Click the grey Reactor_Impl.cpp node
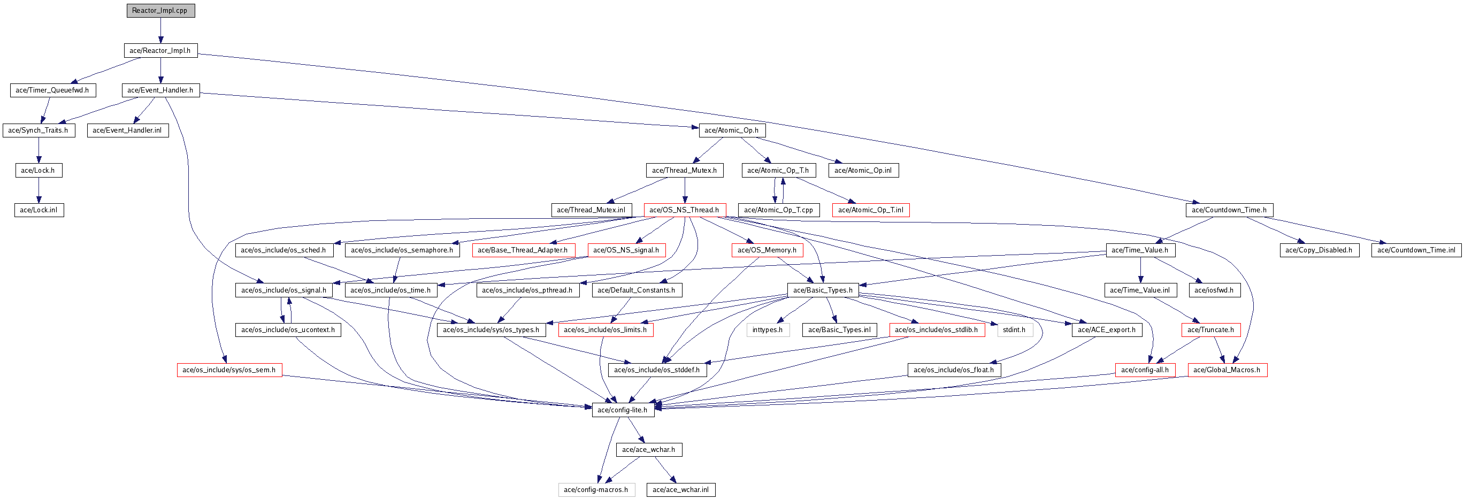pyautogui.click(x=161, y=11)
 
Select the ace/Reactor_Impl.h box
pyautogui.click(x=160, y=51)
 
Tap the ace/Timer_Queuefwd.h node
pyautogui.click(x=53, y=90)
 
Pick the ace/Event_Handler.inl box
pyautogui.click(x=127, y=130)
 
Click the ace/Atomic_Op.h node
pyautogui.click(x=731, y=130)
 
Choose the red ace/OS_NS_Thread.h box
pyautogui.click(x=685, y=210)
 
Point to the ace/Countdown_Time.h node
pyautogui.click(x=1229, y=210)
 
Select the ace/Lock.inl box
pyautogui.click(x=39, y=210)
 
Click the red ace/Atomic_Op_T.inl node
pyautogui.click(x=871, y=210)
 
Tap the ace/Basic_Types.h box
pyautogui.click(x=823, y=290)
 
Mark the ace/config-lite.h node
pyautogui.click(x=623, y=410)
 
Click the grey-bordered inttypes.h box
pyautogui.click(x=768, y=329)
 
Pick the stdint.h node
pyautogui.click(x=1015, y=329)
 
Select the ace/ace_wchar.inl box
pyautogui.click(x=681, y=489)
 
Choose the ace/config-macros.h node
pyautogui.click(x=596, y=489)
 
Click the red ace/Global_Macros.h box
pyautogui.click(x=1228, y=370)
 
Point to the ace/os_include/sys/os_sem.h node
pyautogui.click(x=229, y=370)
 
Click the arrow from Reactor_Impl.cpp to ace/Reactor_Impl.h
pyautogui.click(x=161, y=30)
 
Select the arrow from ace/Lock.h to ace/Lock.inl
pyautogui.click(x=39, y=190)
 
